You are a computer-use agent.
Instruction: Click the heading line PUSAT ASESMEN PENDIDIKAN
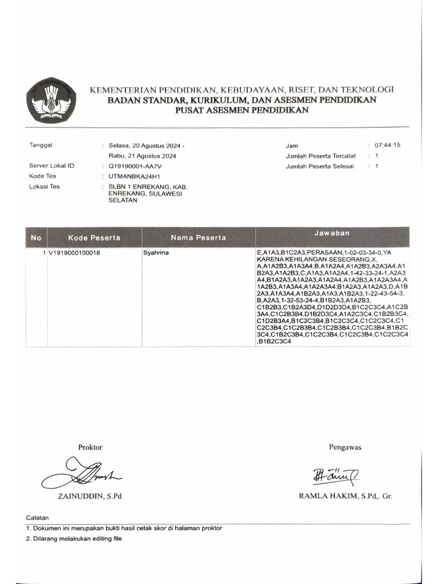click(242, 111)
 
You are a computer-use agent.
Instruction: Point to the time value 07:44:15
click(388, 145)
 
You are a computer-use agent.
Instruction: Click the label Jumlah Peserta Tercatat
click(321, 156)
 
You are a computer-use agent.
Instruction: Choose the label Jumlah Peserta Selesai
click(320, 166)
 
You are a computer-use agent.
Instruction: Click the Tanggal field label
click(40, 145)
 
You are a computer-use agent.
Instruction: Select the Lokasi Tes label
click(44, 186)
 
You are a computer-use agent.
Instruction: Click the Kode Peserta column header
click(94, 237)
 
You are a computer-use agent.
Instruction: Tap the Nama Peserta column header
click(198, 237)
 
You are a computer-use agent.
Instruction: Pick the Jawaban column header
click(332, 234)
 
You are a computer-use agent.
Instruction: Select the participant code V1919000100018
click(74, 252)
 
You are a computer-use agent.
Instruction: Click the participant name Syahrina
click(156, 252)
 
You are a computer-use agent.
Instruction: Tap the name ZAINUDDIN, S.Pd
click(90, 496)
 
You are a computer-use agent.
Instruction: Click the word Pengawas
click(345, 447)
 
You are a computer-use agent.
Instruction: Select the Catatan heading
click(38, 517)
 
